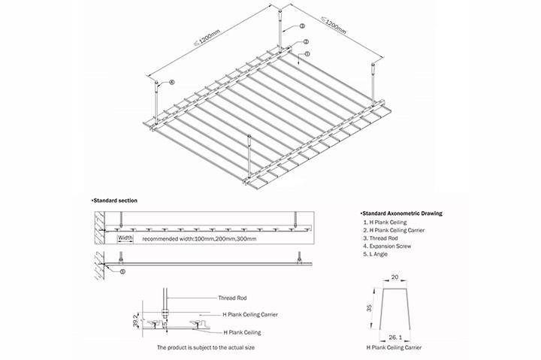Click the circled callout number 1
pos(307,54)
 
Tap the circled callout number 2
pos(305,41)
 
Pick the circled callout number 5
pos(123,270)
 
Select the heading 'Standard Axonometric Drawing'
pos(401,213)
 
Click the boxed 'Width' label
pos(125,237)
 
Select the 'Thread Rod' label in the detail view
pos(232,298)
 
